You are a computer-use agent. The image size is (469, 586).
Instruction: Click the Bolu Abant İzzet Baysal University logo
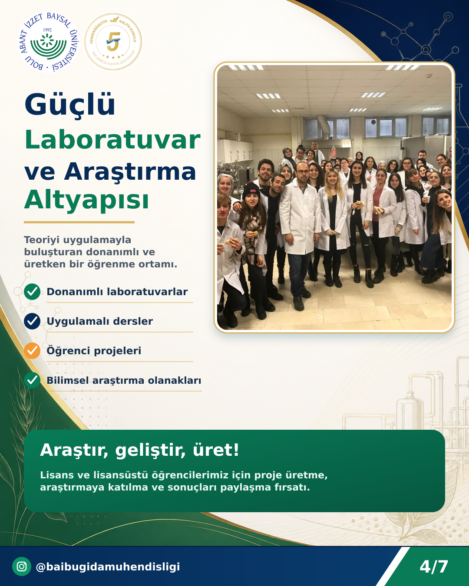(x=48, y=42)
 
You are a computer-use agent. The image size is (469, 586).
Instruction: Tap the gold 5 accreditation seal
(x=113, y=42)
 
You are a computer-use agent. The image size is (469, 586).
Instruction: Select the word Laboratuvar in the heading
(x=112, y=140)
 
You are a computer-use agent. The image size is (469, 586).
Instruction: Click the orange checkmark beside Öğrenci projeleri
(x=32, y=350)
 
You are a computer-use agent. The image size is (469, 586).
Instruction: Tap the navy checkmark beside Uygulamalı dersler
(x=32, y=321)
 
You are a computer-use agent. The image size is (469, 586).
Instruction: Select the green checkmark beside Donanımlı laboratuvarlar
(x=32, y=292)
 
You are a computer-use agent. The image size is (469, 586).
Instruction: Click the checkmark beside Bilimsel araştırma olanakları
(x=32, y=380)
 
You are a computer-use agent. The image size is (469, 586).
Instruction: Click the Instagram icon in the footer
(x=22, y=566)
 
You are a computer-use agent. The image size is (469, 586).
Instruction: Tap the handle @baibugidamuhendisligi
(x=108, y=566)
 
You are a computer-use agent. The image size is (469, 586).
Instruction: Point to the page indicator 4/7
(x=433, y=567)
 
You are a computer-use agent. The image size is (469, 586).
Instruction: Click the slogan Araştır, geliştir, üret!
(x=139, y=450)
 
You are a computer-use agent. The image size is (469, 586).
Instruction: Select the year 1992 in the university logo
(x=47, y=30)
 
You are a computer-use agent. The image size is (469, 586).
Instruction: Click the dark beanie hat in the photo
(x=251, y=190)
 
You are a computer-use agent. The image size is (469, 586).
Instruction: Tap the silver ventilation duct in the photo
(x=324, y=126)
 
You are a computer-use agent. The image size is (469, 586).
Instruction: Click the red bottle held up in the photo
(x=333, y=152)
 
